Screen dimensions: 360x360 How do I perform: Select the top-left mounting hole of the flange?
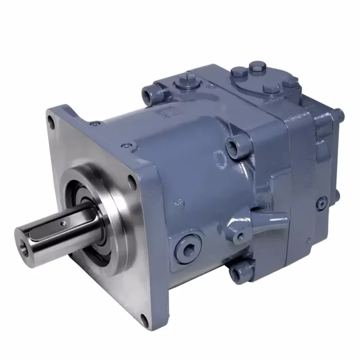(51, 120)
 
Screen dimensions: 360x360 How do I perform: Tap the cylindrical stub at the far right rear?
(340, 116)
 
